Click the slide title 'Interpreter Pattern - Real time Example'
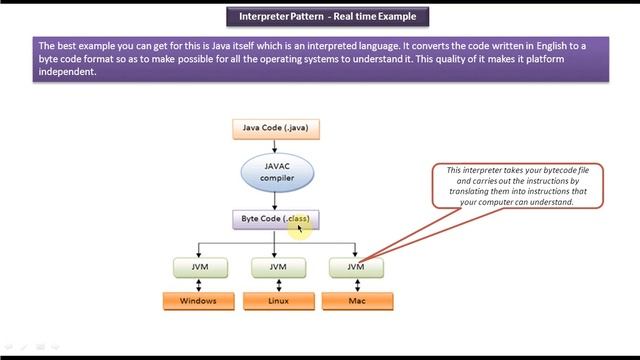tap(320, 16)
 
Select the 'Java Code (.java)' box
tap(274, 128)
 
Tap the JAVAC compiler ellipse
tap(274, 173)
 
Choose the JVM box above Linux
tap(275, 267)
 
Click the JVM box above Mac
tap(356, 267)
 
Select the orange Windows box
tap(198, 300)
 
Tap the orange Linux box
tap(275, 300)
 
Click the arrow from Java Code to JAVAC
tap(274, 144)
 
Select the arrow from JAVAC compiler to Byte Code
tap(274, 200)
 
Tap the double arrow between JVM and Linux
tap(275, 284)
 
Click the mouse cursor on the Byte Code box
tap(299, 228)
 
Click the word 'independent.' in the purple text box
tap(67, 71)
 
